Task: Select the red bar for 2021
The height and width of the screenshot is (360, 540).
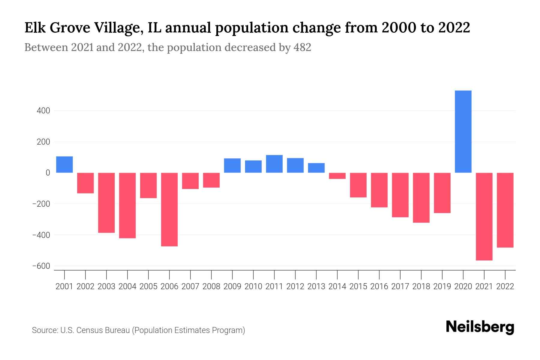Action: click(x=484, y=216)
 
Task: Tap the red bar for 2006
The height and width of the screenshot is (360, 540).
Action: click(x=169, y=209)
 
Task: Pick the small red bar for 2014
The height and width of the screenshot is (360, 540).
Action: click(x=337, y=176)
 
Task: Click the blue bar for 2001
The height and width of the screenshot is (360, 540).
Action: click(x=64, y=164)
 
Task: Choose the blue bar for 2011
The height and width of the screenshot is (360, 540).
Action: click(x=274, y=164)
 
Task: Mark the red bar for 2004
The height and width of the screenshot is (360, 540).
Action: click(x=127, y=205)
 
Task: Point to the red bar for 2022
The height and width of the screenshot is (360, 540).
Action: click(x=505, y=210)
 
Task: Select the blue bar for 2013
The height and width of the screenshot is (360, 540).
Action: click(x=316, y=168)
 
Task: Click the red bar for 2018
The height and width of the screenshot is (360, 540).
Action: click(x=421, y=197)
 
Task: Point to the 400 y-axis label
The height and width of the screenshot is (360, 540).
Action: click(x=43, y=111)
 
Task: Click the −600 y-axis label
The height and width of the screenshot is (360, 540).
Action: click(x=41, y=266)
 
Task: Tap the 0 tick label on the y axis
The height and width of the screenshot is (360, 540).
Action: click(x=48, y=173)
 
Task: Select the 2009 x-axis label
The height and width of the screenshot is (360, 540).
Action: click(x=232, y=286)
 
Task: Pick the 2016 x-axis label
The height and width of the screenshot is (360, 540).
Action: click(x=379, y=286)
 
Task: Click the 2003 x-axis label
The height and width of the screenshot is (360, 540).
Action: click(x=106, y=286)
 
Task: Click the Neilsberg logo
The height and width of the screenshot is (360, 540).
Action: click(x=480, y=327)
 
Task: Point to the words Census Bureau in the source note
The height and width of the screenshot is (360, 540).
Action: click(x=103, y=330)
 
